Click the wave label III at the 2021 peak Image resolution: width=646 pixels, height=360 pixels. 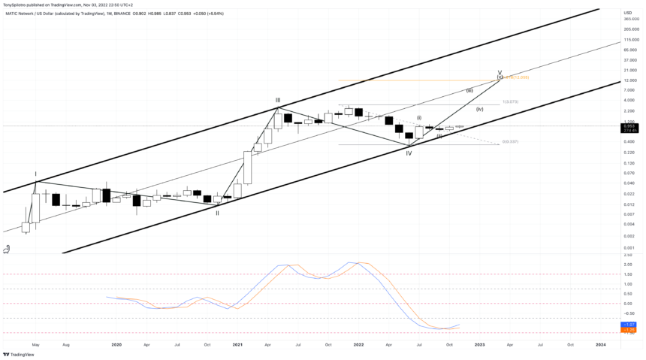pyautogui.click(x=278, y=100)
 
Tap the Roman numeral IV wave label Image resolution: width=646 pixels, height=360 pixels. pyautogui.click(x=409, y=153)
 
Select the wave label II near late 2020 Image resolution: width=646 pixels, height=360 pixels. pyautogui.click(x=218, y=213)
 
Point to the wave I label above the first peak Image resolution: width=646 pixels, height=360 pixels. pyautogui.click(x=35, y=174)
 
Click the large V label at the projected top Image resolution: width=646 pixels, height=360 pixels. pyautogui.click(x=500, y=73)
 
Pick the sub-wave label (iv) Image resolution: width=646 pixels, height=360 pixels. pyautogui.click(x=479, y=110)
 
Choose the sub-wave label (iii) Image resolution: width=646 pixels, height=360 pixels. pyautogui.click(x=469, y=90)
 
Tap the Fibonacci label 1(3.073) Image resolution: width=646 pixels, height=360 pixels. pyautogui.click(x=510, y=101)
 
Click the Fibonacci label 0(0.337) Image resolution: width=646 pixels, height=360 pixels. pyautogui.click(x=510, y=141)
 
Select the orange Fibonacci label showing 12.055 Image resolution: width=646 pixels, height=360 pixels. pyautogui.click(x=518, y=77)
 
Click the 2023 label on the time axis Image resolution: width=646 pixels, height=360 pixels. pyautogui.click(x=480, y=344)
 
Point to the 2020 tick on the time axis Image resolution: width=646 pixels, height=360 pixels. pyautogui.click(x=116, y=344)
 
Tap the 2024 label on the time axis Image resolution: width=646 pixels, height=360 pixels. pyautogui.click(x=601, y=344)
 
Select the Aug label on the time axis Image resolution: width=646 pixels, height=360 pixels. pyautogui.click(x=66, y=344)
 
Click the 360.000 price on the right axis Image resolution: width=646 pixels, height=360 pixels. pyautogui.click(x=630, y=19)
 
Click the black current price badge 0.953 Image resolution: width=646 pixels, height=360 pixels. pyautogui.click(x=629, y=126)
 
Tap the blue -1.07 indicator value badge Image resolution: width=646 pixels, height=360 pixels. pyautogui.click(x=629, y=325)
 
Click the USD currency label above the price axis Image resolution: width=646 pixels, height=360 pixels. pyautogui.click(x=627, y=12)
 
